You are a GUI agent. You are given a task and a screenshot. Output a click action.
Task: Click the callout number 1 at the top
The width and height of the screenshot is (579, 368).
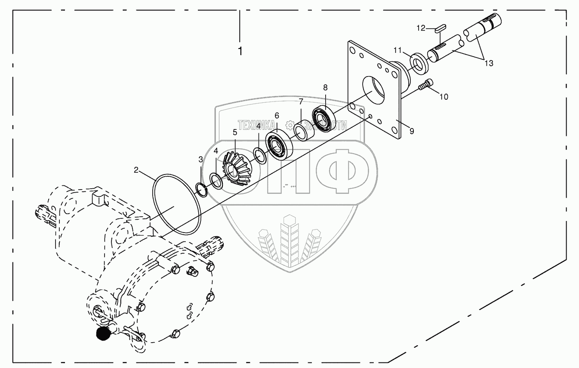tap(240, 51)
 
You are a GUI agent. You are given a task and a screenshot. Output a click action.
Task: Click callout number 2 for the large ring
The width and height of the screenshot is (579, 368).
tap(136, 170)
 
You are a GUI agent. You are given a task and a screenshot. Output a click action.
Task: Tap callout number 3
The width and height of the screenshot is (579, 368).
tap(200, 159)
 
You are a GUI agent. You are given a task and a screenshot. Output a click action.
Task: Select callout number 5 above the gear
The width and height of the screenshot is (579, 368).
tap(235, 132)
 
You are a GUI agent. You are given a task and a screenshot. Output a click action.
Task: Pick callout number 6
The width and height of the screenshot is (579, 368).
tap(277, 115)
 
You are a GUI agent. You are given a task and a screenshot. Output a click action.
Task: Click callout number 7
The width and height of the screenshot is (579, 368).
tap(301, 101)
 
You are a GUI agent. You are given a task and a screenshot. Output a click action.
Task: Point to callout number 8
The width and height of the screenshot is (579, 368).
tap(325, 87)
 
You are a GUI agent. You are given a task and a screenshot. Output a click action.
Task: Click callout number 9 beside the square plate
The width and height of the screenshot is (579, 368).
tap(412, 131)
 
